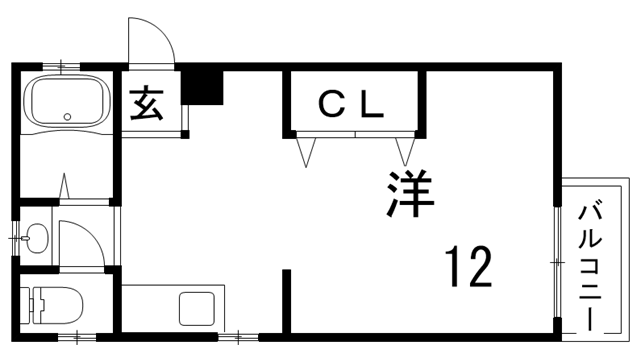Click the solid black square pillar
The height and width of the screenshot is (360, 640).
tap(204, 86)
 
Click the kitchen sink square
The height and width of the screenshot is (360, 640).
tap(196, 308)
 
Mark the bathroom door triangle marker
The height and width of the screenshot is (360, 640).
tap(66, 187)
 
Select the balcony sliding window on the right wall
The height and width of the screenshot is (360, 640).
tap(557, 260)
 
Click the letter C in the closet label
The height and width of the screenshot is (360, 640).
tap(329, 105)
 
